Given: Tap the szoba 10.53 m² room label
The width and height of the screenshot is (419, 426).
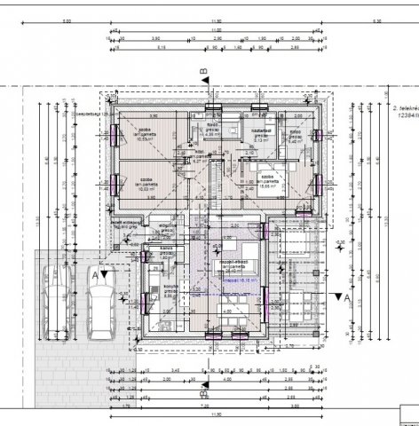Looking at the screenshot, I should coord(142,130).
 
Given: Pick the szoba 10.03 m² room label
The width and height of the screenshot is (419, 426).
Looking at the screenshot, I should coord(142,184).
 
